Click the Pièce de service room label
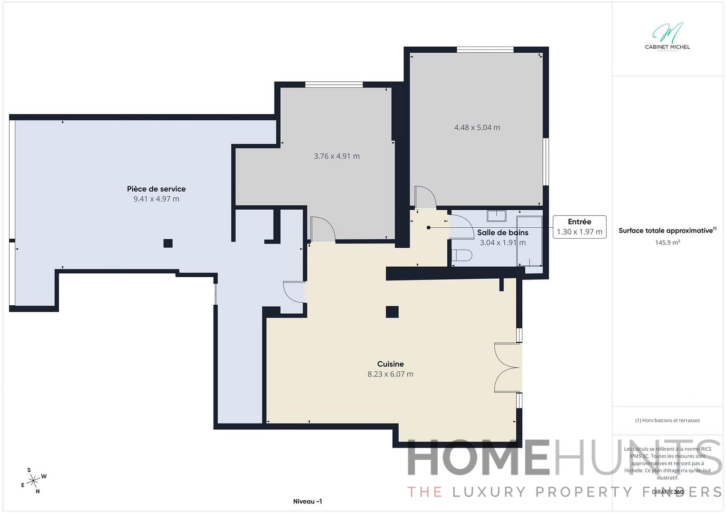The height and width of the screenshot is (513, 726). [x=156, y=189]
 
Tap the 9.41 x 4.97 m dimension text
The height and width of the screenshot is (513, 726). [x=156, y=199]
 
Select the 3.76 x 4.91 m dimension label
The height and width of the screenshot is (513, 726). [x=336, y=156]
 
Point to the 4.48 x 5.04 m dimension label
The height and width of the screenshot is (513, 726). [x=477, y=127]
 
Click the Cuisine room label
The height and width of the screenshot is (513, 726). [x=390, y=364]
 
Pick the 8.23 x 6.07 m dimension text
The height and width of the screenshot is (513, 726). [x=390, y=374]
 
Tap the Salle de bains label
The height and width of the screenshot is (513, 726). [x=502, y=232]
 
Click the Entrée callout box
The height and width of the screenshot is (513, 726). [x=579, y=227]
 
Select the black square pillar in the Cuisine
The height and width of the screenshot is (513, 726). [x=392, y=312]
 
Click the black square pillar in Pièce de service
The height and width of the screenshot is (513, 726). [x=168, y=243]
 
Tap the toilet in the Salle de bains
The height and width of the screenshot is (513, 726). [x=461, y=256]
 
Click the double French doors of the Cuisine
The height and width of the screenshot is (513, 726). [x=507, y=368]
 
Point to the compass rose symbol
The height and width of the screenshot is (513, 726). [x=33, y=481]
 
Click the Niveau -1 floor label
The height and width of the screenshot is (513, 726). [x=307, y=501]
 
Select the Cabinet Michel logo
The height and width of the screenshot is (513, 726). [x=667, y=36]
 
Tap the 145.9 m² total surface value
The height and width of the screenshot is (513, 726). [x=667, y=242]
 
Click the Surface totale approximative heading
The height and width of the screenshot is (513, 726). [x=666, y=231]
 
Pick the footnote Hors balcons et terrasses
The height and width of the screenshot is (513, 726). [x=667, y=420]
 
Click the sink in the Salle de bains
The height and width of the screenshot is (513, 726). [x=496, y=216]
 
